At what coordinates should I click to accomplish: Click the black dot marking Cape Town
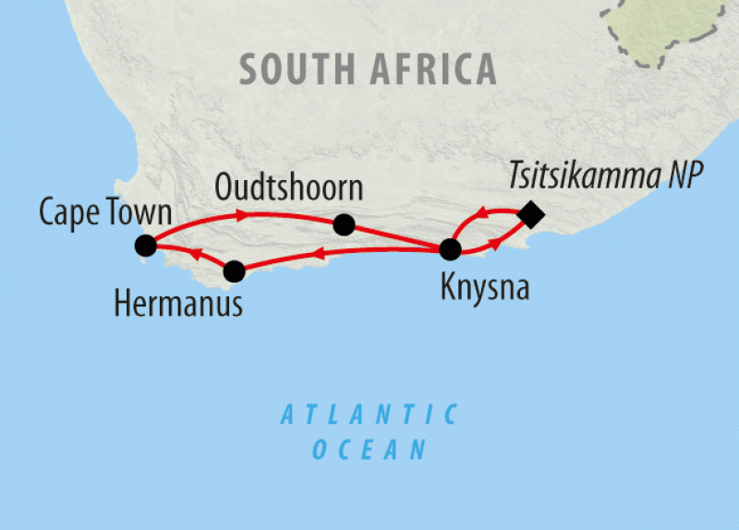[145, 245]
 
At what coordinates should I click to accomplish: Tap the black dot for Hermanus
[235, 271]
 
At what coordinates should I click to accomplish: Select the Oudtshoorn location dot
[344, 224]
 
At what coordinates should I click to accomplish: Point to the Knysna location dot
[449, 249]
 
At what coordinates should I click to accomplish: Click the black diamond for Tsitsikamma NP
[530, 215]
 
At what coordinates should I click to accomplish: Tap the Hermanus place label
[178, 303]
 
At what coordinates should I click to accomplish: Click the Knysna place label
[485, 288]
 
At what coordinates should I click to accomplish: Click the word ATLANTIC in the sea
[369, 415]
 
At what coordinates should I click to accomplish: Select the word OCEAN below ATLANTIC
[369, 450]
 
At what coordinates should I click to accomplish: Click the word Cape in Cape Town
[68, 212]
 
